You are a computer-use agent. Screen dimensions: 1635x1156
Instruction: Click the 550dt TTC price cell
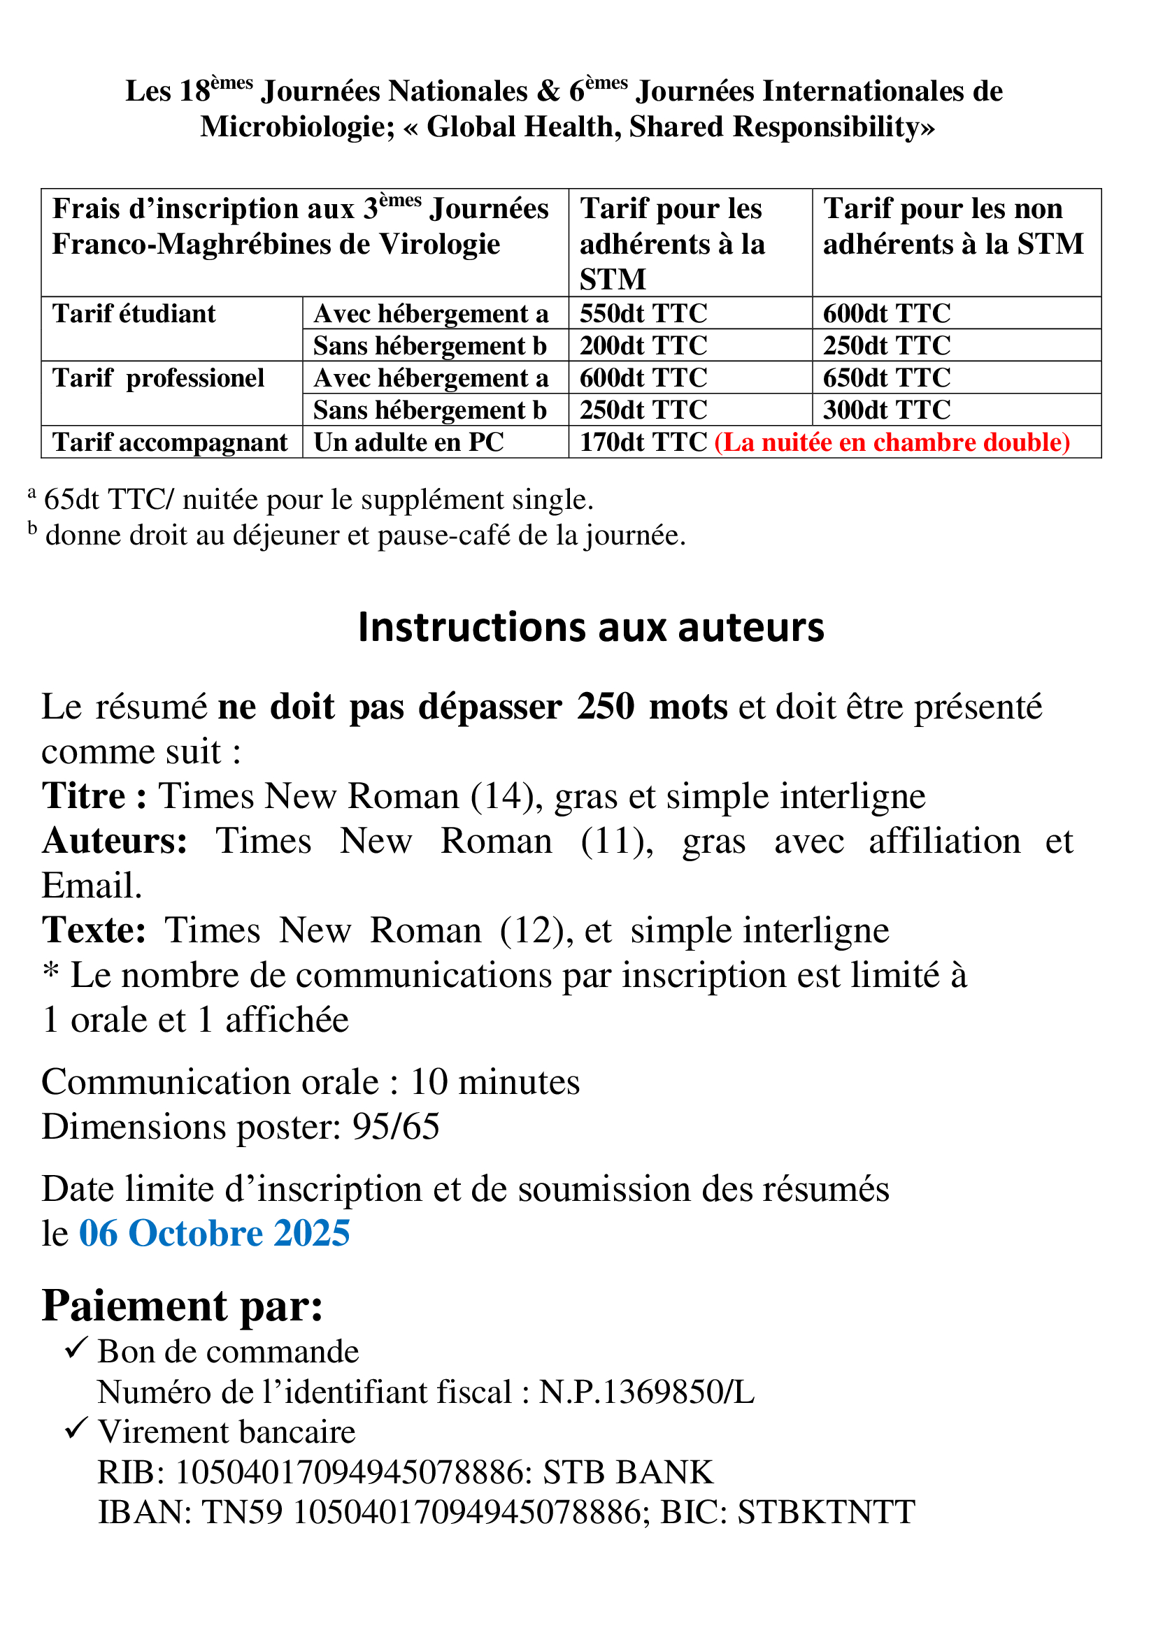pyautogui.click(x=643, y=313)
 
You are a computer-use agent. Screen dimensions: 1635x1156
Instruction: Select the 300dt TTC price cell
pyautogui.click(x=887, y=410)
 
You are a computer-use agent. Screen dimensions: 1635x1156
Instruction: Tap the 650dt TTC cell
pyautogui.click(x=887, y=377)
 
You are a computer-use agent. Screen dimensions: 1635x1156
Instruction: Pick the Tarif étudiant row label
pyautogui.click(x=134, y=313)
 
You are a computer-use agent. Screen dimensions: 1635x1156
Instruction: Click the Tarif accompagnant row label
pyautogui.click(x=170, y=442)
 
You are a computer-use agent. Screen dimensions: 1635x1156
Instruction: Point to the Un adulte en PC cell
pyautogui.click(x=409, y=442)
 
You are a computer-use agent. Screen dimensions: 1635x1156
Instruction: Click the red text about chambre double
pyautogui.click(x=892, y=442)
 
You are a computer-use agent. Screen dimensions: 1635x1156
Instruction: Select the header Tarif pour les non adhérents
pyautogui.click(x=953, y=226)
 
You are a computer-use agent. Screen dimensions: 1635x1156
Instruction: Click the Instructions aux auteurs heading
pyautogui.click(x=590, y=627)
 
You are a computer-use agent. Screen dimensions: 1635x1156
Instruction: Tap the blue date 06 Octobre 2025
pyautogui.click(x=215, y=1233)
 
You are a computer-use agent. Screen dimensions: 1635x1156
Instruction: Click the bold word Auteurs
pyautogui.click(x=114, y=841)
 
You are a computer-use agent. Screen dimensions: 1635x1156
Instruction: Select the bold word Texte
pyautogui.click(x=94, y=930)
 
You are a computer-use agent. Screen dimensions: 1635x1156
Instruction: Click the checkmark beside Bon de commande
pyautogui.click(x=76, y=1348)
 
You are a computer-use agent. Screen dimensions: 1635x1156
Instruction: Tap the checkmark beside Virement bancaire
pyautogui.click(x=76, y=1429)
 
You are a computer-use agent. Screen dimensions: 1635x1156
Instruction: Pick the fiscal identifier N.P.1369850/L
pyautogui.click(x=646, y=1392)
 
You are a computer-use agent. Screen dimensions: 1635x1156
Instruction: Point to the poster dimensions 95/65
pyautogui.click(x=396, y=1128)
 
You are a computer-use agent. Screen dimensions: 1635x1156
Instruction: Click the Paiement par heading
pyautogui.click(x=183, y=1305)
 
